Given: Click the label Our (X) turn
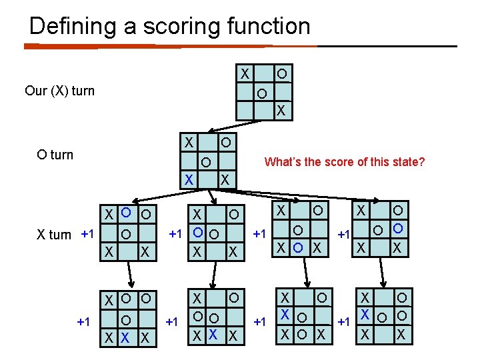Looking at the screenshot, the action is point(59,91).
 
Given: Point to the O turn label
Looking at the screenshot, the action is point(55,155).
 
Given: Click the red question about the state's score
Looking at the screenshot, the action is point(345,161).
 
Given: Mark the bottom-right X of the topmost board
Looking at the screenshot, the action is point(281,109).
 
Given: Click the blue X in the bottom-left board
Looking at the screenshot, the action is point(124,339).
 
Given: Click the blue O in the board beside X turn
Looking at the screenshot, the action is point(124,215).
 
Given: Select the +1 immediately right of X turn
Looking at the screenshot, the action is point(87,234).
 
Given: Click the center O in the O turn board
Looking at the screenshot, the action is point(207,161).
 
